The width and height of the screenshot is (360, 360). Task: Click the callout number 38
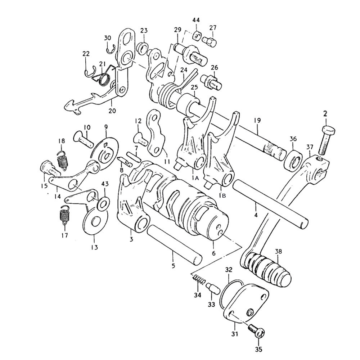click(x=278, y=251)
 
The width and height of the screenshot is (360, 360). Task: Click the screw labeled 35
click(x=256, y=330)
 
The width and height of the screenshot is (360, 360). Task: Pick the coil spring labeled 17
click(x=64, y=215)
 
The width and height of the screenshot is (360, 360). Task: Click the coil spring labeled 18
click(x=63, y=160)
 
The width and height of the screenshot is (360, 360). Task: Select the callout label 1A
click(x=195, y=178)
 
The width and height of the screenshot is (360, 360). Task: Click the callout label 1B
click(x=222, y=195)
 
